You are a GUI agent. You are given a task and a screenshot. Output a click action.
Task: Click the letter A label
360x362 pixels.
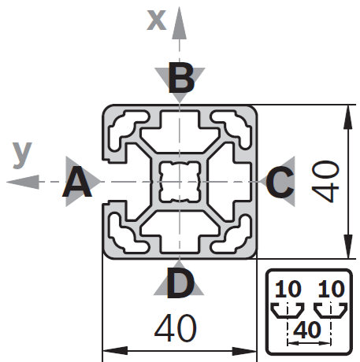point(77,182)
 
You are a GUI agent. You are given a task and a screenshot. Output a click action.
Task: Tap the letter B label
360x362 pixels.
point(181,78)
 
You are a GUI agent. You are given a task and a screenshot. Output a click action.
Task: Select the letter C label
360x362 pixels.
point(280,182)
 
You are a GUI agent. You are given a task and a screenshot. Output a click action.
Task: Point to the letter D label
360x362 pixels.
point(180,283)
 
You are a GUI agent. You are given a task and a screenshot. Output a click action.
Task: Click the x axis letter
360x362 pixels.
point(157,20)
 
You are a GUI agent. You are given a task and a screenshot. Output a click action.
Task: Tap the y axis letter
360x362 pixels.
point(22,155)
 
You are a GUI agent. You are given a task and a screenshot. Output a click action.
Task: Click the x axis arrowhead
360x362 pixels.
point(180,23)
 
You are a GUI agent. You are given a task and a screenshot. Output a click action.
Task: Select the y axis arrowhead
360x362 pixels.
point(23,182)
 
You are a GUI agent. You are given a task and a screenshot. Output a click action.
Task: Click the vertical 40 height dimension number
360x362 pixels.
point(325,182)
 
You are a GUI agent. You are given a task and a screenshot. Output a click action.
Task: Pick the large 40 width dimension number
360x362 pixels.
point(176,328)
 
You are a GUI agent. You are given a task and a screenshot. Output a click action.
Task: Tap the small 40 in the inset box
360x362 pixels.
point(307,330)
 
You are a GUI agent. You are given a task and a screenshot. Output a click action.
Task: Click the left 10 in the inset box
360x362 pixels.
point(288,289)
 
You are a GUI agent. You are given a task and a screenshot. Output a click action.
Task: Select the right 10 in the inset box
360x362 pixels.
point(331,289)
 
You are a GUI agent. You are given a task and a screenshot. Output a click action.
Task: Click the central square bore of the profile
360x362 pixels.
point(180,182)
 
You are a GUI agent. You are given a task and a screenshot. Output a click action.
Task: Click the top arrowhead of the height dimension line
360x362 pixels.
point(348,117)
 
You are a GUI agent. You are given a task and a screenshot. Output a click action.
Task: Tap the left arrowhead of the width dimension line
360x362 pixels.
point(115,351)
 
